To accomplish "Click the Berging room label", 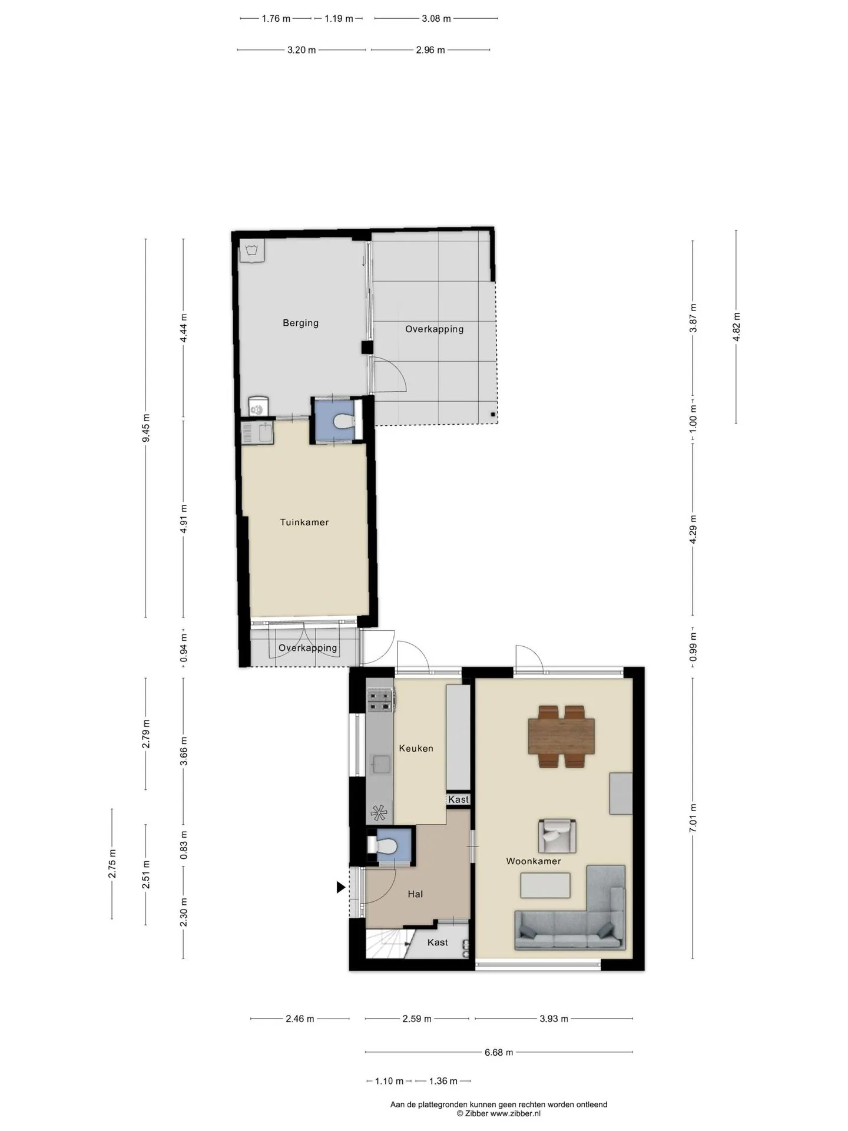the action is click(x=300, y=323).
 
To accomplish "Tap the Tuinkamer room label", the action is click(x=304, y=522).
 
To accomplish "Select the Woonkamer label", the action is click(x=534, y=861).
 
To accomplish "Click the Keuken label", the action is click(x=416, y=748).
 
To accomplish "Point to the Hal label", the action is click(x=415, y=894).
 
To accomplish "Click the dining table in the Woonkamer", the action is click(x=561, y=736).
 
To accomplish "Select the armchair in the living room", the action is click(x=557, y=836).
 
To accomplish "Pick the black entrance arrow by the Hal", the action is click(x=340, y=887).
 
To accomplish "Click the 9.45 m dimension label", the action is click(x=146, y=428).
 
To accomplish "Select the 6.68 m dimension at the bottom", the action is click(x=499, y=1052).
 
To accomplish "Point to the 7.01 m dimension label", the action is click(x=693, y=818).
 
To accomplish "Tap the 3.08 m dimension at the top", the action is click(x=436, y=18).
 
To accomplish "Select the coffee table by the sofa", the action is click(x=546, y=885).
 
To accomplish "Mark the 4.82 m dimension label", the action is click(x=737, y=327).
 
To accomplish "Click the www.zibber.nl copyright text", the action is click(x=499, y=1113).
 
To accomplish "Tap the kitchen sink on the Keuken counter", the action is click(x=380, y=764).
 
